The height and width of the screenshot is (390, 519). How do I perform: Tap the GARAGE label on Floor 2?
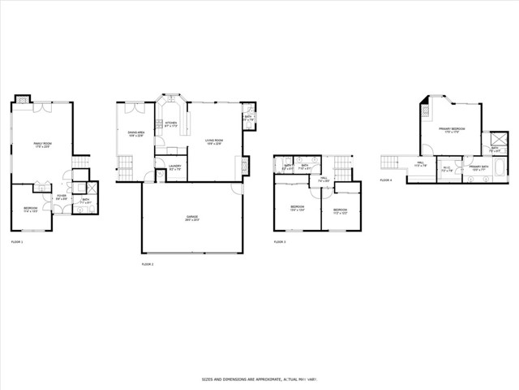click(192, 218)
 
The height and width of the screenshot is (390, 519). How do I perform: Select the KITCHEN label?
click(170, 124)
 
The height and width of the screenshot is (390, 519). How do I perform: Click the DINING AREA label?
click(135, 134)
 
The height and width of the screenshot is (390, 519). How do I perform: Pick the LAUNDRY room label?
click(174, 168)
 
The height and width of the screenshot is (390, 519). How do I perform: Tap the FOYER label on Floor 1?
click(61, 197)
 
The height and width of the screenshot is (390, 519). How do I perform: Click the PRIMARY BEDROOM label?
click(452, 130)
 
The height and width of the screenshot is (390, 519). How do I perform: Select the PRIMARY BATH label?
click(478, 168)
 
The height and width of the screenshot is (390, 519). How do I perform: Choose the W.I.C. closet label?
click(447, 170)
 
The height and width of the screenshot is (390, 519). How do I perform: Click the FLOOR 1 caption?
click(17, 242)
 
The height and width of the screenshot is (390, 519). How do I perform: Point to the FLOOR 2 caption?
click(148, 264)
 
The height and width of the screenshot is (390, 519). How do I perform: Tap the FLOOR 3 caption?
click(280, 242)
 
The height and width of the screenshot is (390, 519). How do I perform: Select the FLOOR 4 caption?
click(386, 180)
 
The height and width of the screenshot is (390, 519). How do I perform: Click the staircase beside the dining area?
click(125, 171)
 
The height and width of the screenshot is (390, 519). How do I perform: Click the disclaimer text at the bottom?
click(259, 379)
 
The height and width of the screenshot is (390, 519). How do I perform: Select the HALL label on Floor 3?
click(323, 180)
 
